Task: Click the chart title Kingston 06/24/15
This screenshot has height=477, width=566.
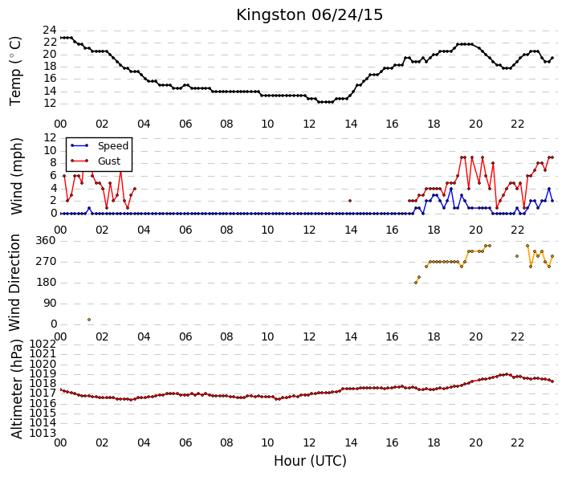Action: [309, 15]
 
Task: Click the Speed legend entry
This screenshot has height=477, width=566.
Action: [100, 146]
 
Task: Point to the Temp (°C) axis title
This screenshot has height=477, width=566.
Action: [15, 71]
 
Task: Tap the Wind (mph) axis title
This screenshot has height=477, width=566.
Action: [16, 176]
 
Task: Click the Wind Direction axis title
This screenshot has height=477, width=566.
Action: [14, 283]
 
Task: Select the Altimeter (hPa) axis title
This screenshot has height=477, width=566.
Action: [17, 389]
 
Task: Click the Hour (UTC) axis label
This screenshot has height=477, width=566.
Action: [310, 461]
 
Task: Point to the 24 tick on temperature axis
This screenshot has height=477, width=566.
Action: [50, 31]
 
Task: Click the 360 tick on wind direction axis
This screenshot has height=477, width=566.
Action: [46, 241]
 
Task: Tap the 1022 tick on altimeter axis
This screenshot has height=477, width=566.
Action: [43, 344]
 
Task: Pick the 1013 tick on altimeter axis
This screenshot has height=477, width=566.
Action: [43, 433]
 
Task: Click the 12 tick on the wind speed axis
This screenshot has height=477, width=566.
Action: [50, 137]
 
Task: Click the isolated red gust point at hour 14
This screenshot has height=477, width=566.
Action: [350, 201]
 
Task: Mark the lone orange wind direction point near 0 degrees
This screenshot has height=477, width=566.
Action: [89, 320]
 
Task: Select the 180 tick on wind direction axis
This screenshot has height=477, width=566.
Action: [46, 283]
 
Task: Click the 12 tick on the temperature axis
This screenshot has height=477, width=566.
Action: [50, 104]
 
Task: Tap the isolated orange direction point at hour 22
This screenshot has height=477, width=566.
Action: [517, 256]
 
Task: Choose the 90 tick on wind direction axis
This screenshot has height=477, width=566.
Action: [49, 304]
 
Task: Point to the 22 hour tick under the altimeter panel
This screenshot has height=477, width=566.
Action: [517, 442]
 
